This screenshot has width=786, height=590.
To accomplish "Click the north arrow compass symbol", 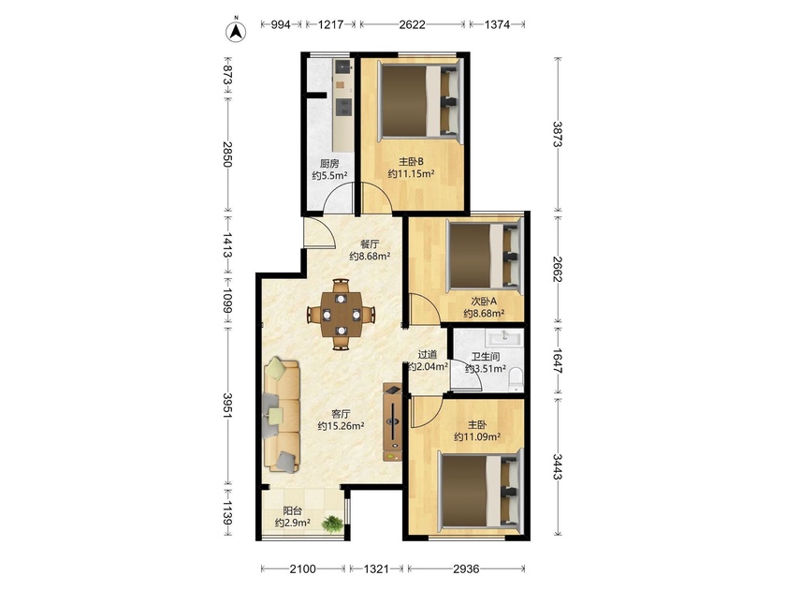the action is pyautogui.click(x=236, y=31).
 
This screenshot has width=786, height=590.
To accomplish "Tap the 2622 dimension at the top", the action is pyautogui.click(x=412, y=24).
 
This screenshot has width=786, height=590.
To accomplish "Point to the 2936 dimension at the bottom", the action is pyautogui.click(x=466, y=568).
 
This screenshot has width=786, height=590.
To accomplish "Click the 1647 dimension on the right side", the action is pyautogui.click(x=559, y=361).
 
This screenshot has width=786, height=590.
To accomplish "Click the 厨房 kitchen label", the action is pyautogui.click(x=329, y=163).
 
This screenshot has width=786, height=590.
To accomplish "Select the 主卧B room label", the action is pyautogui.click(x=411, y=161).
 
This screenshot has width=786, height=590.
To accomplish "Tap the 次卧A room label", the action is pyautogui.click(x=484, y=301).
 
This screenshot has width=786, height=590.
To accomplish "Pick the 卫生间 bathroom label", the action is pyautogui.click(x=486, y=357).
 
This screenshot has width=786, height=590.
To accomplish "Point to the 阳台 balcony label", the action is pyautogui.click(x=292, y=510).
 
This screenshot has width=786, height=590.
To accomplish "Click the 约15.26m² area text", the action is pyautogui.click(x=341, y=426).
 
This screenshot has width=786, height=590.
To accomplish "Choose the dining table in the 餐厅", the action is pyautogui.click(x=341, y=315).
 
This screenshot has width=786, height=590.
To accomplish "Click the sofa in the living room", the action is pyautogui.click(x=282, y=414).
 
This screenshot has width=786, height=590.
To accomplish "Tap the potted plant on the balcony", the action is pyautogui.click(x=332, y=524).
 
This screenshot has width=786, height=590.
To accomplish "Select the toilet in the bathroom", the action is pyautogui.click(x=516, y=380).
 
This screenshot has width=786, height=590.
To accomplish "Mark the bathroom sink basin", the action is pyautogui.click(x=504, y=336).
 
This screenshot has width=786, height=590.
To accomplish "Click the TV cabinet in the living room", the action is pyautogui.click(x=392, y=422).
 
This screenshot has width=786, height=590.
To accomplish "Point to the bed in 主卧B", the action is pyautogui.click(x=419, y=100).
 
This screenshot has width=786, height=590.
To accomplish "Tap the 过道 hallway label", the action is pyautogui.click(x=428, y=354).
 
